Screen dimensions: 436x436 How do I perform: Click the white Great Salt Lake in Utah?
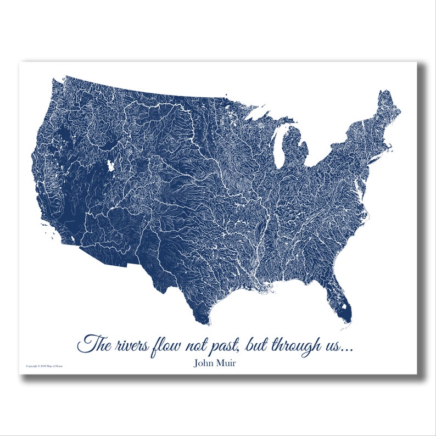[x=112, y=165]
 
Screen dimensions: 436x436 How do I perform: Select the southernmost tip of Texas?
[x=204, y=323]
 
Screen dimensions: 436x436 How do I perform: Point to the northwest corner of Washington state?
[x=54, y=81]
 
